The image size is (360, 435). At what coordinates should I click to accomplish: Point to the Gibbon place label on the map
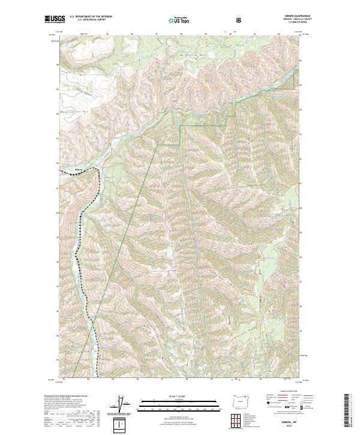point(77,170)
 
